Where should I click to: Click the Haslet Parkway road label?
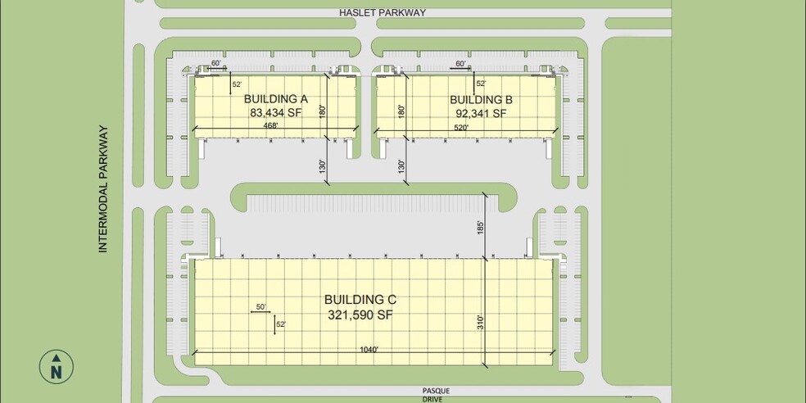383,12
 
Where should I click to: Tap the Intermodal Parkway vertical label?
103,188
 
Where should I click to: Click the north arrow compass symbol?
56,366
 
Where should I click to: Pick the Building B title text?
481,100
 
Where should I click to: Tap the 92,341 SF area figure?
483,114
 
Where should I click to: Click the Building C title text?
360,299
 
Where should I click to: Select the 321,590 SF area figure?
360,314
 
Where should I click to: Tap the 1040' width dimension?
369,350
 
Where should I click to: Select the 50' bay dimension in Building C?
261,306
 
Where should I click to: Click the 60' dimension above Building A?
216,63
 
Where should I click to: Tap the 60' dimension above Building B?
461,63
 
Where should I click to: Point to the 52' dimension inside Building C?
281,324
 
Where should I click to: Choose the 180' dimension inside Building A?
323,110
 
